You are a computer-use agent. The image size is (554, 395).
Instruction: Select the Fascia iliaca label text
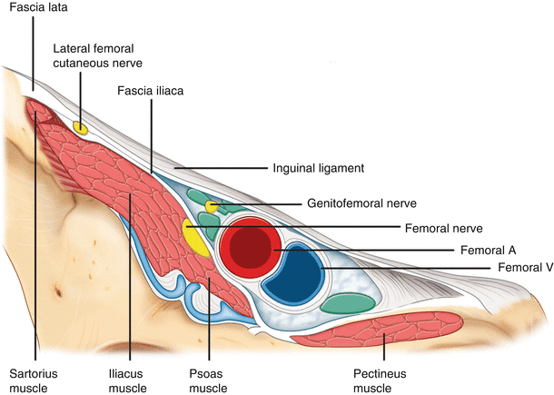click(151, 91)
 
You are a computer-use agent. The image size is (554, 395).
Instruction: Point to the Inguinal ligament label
click(318, 168)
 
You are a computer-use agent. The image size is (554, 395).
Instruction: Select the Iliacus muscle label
click(127, 379)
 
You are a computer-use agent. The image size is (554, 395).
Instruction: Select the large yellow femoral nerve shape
click(193, 237)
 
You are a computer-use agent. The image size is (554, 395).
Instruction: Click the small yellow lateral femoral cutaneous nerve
click(81, 128)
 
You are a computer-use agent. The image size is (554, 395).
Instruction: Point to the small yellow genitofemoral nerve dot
click(212, 207)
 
